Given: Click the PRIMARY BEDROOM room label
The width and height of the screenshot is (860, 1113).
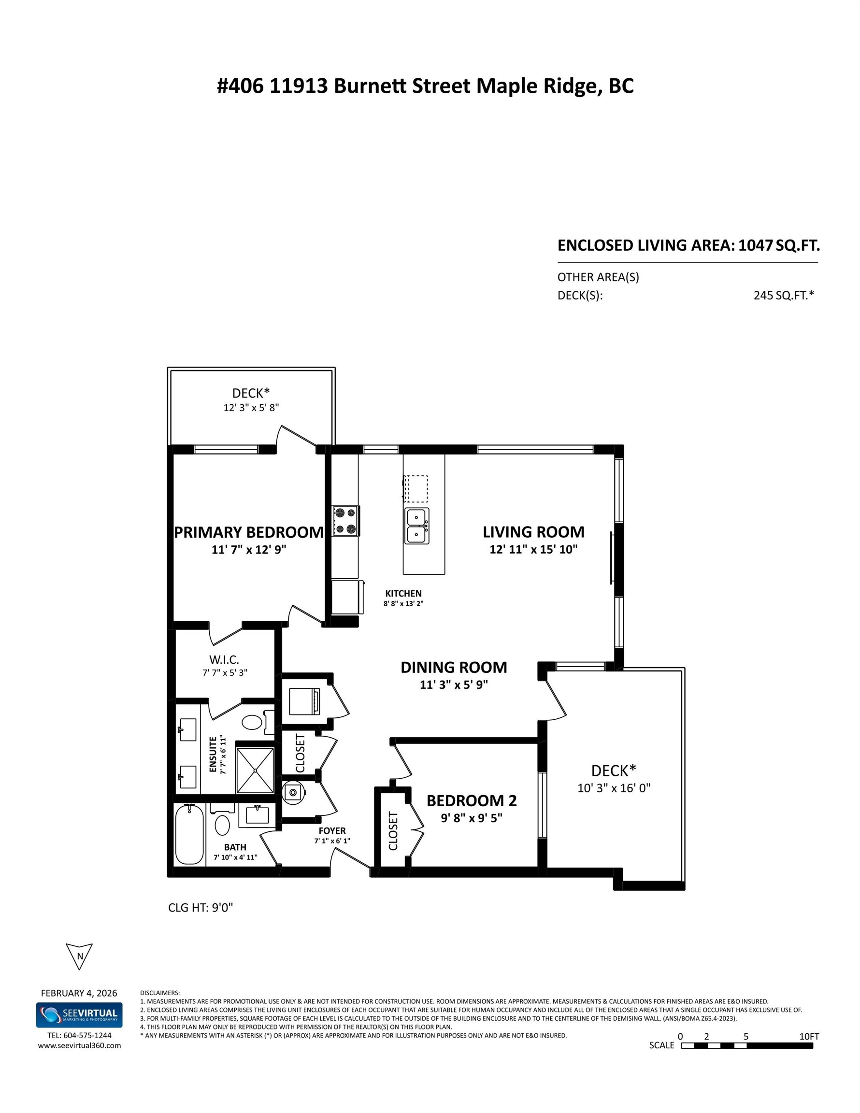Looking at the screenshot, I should pos(248,532).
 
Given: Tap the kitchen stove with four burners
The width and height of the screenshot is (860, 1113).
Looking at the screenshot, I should pos(346,520).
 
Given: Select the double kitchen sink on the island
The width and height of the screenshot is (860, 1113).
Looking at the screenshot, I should pos(416,526).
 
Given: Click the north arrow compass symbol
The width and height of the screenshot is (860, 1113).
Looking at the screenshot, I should pos(79,956).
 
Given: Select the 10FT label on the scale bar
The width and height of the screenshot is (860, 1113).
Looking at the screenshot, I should pos(809,1036).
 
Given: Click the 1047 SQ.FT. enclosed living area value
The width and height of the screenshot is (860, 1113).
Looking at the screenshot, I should pos(779,245).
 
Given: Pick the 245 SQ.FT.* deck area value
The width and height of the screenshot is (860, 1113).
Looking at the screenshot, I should pos(784,295).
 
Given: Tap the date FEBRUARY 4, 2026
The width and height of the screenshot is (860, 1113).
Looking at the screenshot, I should pos(79,993).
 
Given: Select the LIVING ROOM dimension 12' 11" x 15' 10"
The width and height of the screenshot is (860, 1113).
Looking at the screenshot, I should pos(533,549).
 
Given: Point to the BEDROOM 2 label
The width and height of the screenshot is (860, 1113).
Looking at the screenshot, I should pos(472,800).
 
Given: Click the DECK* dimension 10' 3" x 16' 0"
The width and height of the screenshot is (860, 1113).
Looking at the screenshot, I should pos(614,788).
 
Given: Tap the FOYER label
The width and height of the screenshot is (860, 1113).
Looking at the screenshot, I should pos(332,831).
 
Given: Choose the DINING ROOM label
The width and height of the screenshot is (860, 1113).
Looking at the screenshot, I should pos(454,667).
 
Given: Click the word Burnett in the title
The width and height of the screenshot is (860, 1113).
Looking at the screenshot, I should pos(371,86).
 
